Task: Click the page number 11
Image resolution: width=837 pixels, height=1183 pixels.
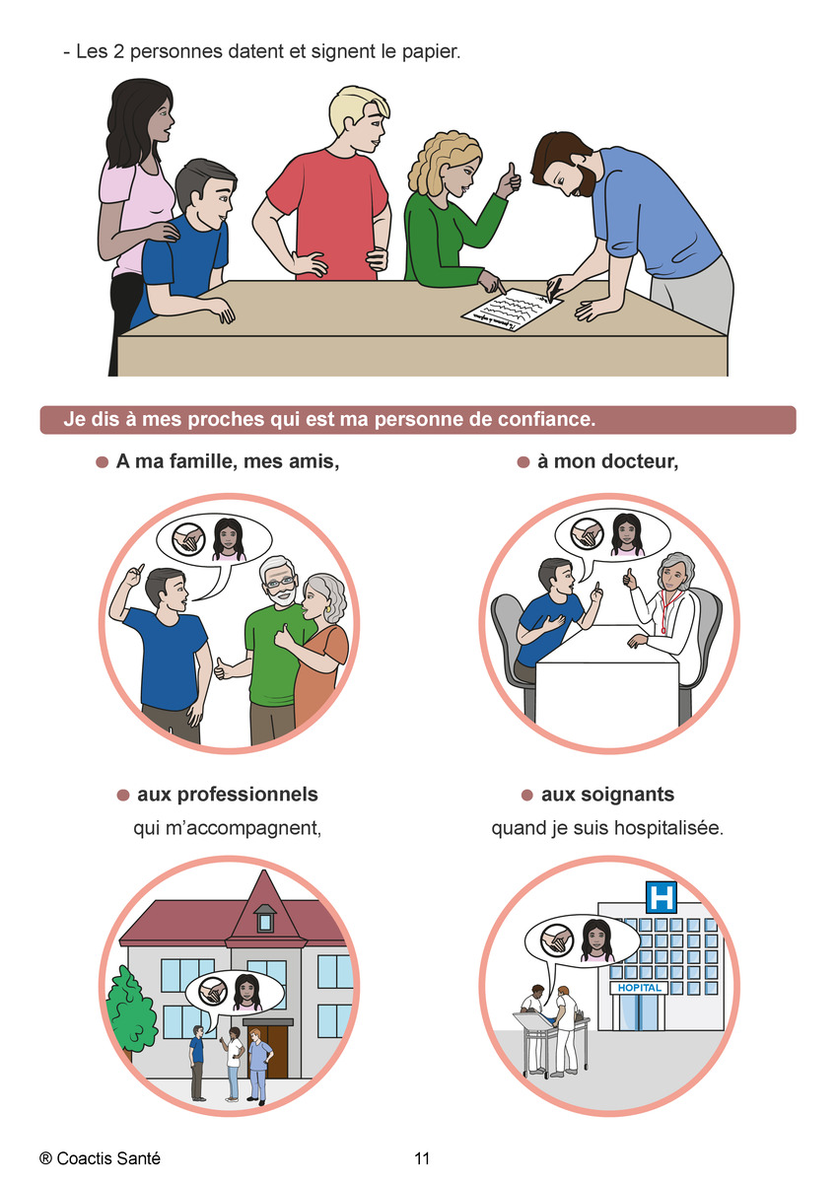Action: click(x=422, y=1158)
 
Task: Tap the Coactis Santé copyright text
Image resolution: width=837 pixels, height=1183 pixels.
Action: click(x=100, y=1158)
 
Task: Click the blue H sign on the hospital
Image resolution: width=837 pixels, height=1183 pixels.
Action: click(x=662, y=896)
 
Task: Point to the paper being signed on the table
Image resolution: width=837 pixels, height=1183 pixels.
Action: click(x=512, y=310)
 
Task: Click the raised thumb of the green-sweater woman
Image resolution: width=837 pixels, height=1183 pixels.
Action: click(x=510, y=172)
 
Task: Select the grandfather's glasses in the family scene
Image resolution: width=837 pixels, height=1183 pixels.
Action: click(x=280, y=583)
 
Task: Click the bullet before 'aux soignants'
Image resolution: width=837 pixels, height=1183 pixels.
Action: click(x=526, y=796)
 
